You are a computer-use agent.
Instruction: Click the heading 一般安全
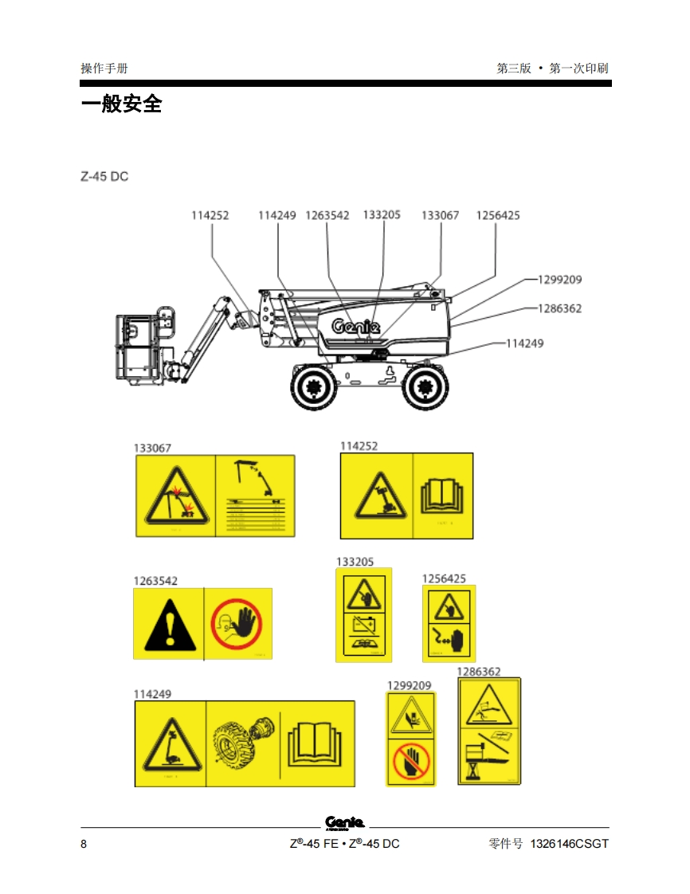tap(121, 104)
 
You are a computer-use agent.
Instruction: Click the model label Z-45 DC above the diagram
tap(104, 176)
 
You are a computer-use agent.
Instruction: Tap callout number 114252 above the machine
tap(210, 215)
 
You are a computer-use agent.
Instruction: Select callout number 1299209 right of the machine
tap(559, 280)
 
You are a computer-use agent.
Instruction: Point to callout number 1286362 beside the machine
tap(559, 308)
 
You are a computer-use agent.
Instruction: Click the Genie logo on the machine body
tap(355, 326)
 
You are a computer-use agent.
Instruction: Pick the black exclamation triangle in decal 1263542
tap(168, 624)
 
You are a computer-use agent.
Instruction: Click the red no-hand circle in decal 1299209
tap(411, 762)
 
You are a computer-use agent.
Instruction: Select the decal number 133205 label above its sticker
tap(355, 561)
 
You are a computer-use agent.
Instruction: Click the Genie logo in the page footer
tap(345, 822)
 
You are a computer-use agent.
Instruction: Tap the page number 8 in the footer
tap(84, 844)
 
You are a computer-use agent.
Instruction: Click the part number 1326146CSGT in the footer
tap(569, 844)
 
